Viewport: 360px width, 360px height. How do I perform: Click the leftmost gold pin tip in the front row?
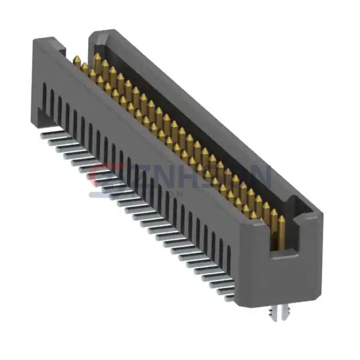click(77, 60)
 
